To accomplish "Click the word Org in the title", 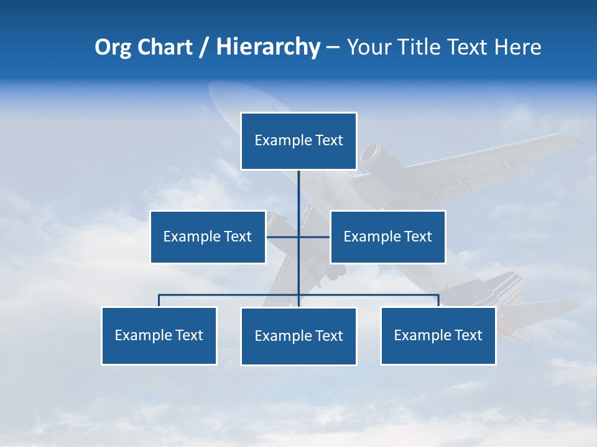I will (x=114, y=48).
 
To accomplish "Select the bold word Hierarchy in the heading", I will (x=268, y=47).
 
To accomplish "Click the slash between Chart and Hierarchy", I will (x=204, y=48).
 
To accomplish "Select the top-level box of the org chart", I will (x=298, y=141).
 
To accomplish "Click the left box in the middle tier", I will (x=208, y=237).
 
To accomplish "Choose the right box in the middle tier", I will (x=387, y=237).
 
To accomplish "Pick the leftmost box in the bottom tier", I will (x=159, y=335).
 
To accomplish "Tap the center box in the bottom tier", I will (x=298, y=336).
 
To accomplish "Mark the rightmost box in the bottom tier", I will (x=438, y=335).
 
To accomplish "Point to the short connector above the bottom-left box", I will (x=159, y=300).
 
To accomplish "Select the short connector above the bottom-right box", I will (x=438, y=300).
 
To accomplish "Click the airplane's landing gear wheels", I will (x=336, y=271).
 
